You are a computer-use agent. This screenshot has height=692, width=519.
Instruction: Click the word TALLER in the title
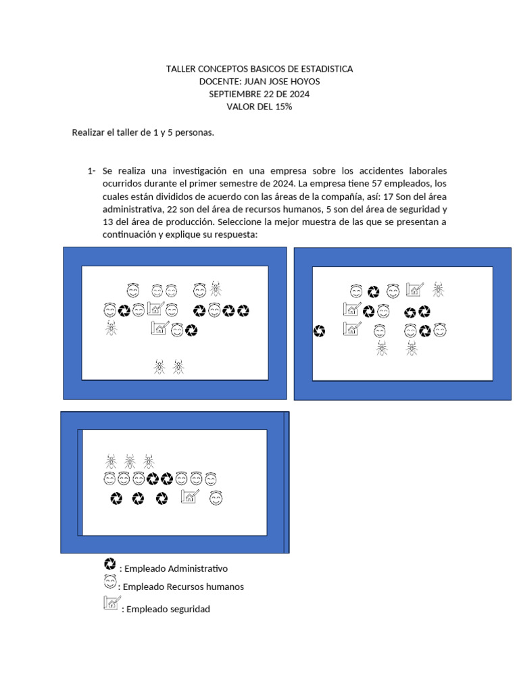point(180,69)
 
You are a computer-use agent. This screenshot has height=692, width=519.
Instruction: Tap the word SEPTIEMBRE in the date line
point(235,94)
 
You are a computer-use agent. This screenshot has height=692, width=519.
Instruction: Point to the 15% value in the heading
point(283,107)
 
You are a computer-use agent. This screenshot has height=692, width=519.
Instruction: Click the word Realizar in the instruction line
point(89,132)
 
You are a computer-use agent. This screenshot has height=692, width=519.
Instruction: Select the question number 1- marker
point(91,171)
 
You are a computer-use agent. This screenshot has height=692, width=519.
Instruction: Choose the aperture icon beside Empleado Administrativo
point(109,564)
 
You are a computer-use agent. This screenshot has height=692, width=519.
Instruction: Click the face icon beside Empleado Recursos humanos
point(109,582)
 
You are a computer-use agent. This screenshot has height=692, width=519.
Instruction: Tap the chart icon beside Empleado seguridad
point(112,603)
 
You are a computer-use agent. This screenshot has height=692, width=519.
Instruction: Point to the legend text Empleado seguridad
point(168,609)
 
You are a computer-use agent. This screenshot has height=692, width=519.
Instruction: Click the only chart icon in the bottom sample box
point(190,497)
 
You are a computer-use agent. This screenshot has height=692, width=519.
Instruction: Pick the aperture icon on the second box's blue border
point(320,330)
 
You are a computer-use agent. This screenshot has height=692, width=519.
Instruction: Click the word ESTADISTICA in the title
point(320,69)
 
